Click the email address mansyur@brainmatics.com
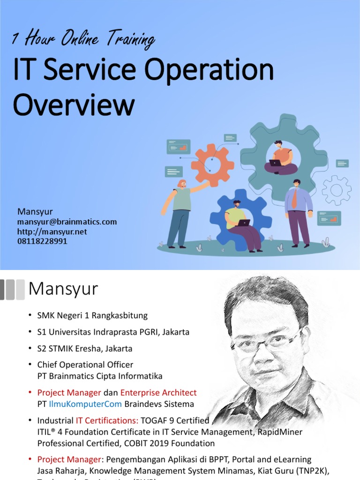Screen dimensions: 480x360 [67, 222]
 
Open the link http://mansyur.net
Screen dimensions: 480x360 [52, 232]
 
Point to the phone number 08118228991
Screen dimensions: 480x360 [42, 241]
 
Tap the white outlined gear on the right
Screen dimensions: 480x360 [337, 190]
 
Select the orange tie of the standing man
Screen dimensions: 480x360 [294, 199]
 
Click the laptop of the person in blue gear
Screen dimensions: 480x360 [244, 223]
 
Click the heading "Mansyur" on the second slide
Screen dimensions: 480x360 [63, 289]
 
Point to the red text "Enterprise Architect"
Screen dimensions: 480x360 [158, 393]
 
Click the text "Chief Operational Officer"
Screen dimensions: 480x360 [85, 365]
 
